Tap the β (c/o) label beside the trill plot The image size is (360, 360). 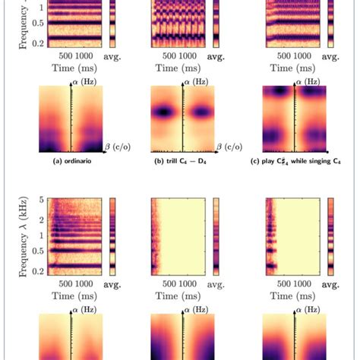[229, 145]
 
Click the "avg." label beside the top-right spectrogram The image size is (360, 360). [329, 56]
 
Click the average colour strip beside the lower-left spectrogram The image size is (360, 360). [113, 235]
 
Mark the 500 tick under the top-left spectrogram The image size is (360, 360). [62, 56]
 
